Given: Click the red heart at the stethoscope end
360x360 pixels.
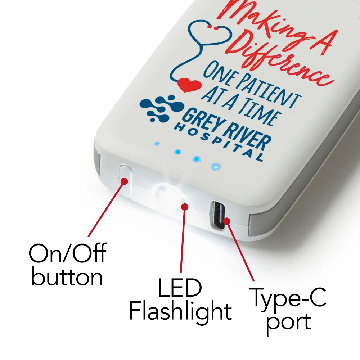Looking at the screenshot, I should tap(189, 85).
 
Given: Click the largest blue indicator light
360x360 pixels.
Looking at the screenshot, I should tap(215, 167).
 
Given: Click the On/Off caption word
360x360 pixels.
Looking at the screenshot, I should tap(67, 254).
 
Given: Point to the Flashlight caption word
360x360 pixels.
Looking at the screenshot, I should tap(180, 312).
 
